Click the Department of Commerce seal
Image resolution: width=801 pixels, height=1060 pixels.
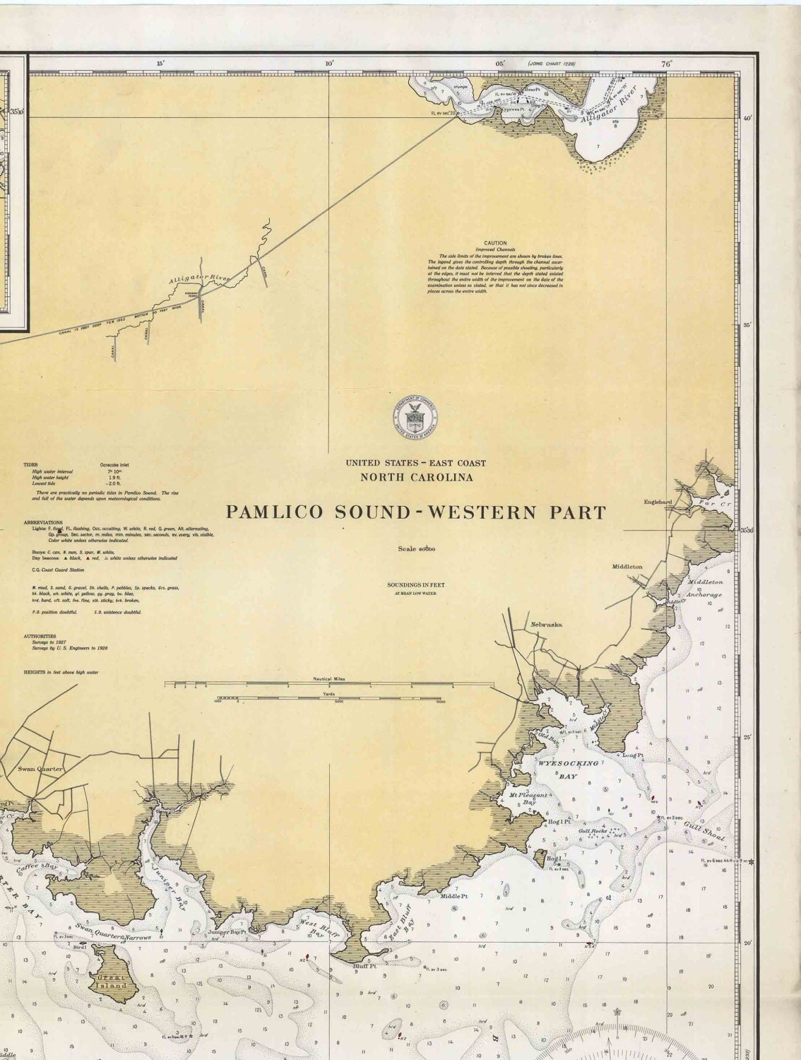pos(415,417)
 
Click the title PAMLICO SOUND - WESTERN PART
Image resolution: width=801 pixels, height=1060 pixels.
pos(415,512)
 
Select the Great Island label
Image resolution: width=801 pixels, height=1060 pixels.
pos(112,981)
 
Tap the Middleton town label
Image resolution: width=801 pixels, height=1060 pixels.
pos(627,567)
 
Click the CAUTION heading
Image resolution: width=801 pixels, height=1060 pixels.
pos(495,243)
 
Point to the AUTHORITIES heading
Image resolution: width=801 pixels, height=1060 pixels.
pos(40,636)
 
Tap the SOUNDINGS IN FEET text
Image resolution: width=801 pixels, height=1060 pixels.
pos(415,585)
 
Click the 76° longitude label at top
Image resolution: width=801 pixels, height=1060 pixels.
pos(666,64)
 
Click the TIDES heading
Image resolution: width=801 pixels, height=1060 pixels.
pos(30,466)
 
